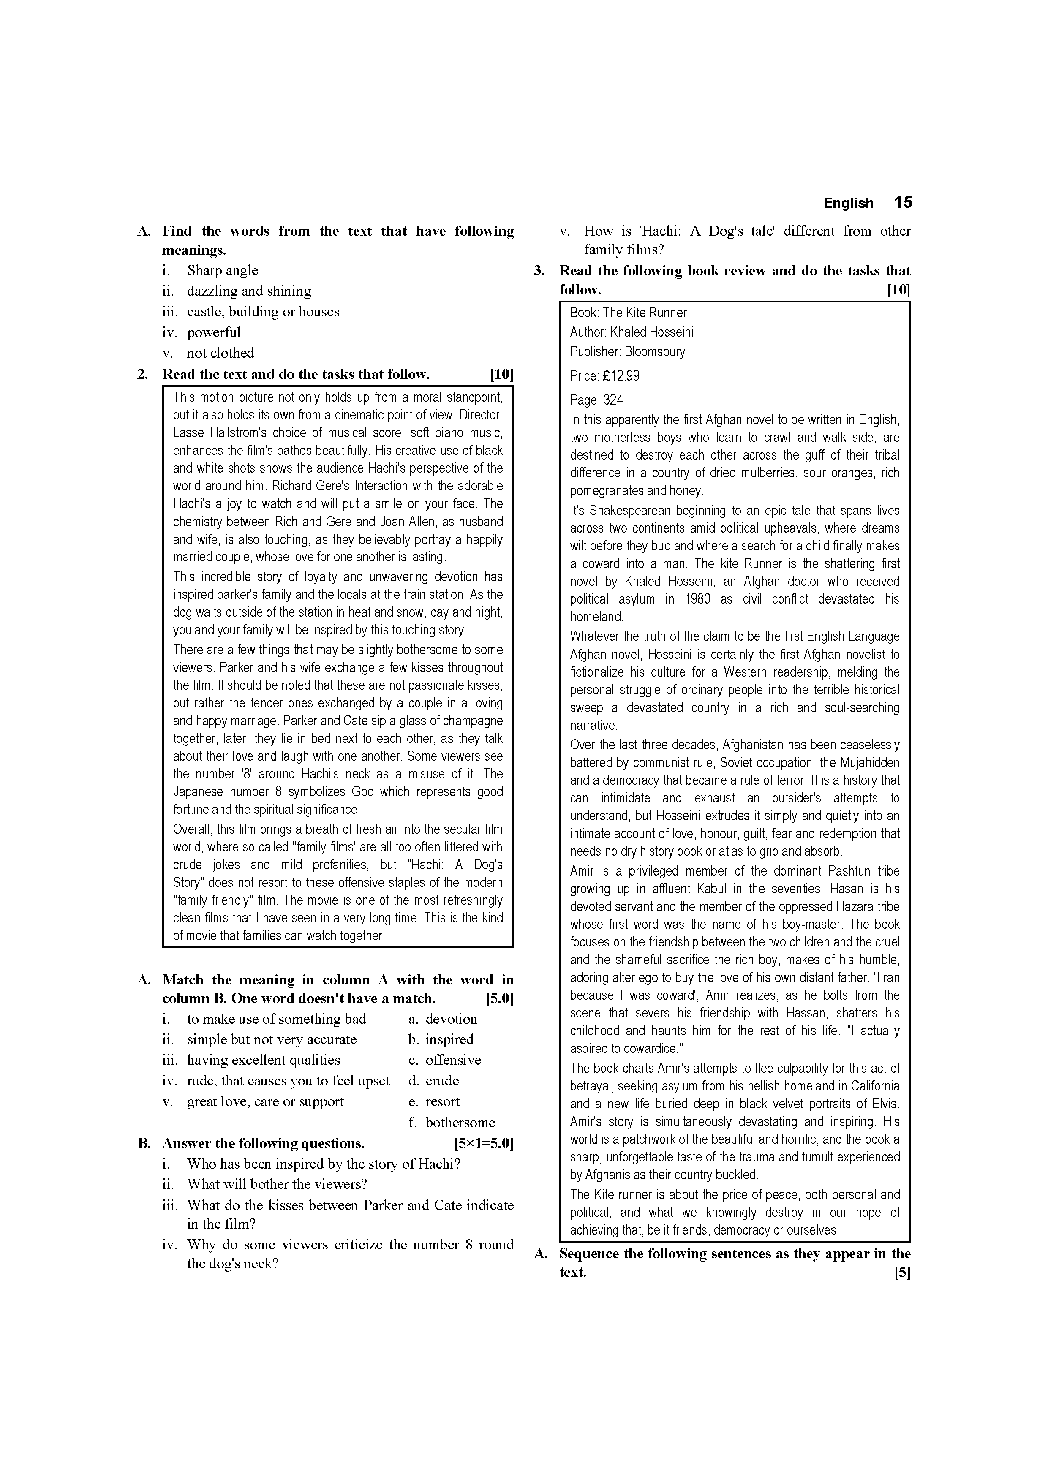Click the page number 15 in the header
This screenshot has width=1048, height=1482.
coord(903,203)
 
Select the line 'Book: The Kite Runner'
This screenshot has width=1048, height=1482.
coord(628,313)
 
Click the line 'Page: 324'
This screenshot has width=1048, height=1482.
coord(596,400)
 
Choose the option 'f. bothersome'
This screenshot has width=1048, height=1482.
coord(452,1123)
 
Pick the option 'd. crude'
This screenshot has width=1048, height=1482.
coord(433,1081)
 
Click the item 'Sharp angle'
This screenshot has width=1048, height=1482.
coord(222,270)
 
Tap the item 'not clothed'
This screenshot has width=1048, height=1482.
coord(220,353)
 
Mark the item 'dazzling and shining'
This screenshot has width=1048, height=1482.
coord(249,291)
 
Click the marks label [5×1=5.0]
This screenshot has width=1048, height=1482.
coord(484,1144)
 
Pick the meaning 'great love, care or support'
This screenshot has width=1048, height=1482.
coord(265,1102)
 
